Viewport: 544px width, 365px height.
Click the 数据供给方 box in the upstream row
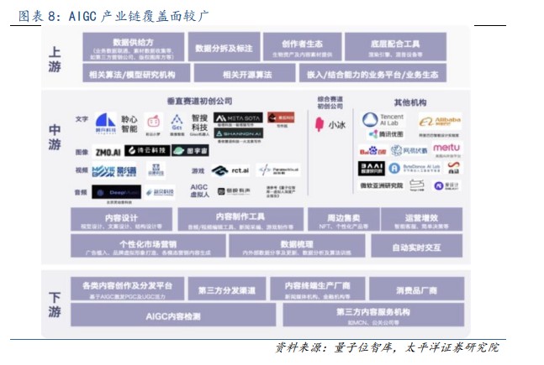click(132, 48)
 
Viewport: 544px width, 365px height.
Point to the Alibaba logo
click(440, 123)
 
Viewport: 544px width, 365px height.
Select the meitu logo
click(446, 149)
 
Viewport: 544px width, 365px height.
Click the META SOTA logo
click(238, 118)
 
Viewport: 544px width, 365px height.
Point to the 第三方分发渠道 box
click(226, 289)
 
